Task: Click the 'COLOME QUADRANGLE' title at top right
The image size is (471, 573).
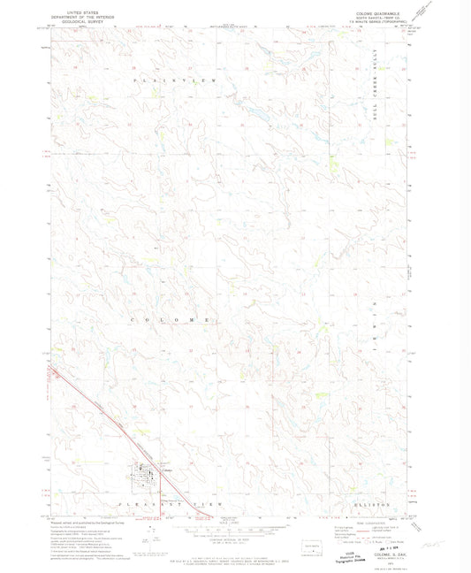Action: pos(373,13)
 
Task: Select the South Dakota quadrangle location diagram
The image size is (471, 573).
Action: pos(312,541)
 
